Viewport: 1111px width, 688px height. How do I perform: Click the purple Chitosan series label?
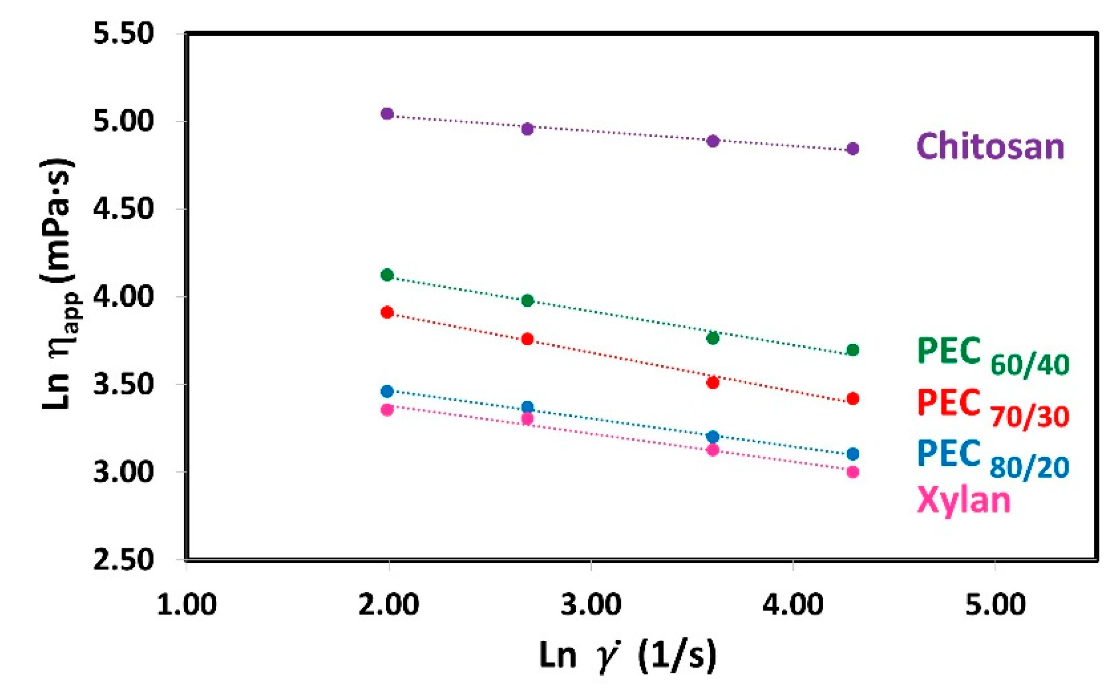990,146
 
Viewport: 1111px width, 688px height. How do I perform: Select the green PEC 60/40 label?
992,356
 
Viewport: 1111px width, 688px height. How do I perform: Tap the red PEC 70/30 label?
992,408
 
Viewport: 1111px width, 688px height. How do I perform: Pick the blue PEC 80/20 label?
992,459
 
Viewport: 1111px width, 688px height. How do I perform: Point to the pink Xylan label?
963,501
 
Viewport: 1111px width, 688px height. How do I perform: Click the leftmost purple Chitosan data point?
387,114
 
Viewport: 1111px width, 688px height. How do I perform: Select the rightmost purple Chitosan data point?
852,149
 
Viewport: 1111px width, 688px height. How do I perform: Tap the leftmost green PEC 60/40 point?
387,275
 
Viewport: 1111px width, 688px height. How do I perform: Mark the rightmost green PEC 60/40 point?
852,350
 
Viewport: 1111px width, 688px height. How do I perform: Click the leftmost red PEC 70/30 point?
387,313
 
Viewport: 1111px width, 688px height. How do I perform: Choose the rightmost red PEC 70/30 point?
852,399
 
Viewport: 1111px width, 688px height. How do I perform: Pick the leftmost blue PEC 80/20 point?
387,391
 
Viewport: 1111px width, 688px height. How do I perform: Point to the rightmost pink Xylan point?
852,472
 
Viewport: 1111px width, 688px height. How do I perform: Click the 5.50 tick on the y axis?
123,34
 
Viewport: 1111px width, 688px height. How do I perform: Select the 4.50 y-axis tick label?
123,209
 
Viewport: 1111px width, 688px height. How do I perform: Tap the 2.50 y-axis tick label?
123,560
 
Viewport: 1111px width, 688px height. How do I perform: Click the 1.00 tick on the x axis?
187,605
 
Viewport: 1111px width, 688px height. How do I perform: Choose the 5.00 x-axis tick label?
995,605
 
